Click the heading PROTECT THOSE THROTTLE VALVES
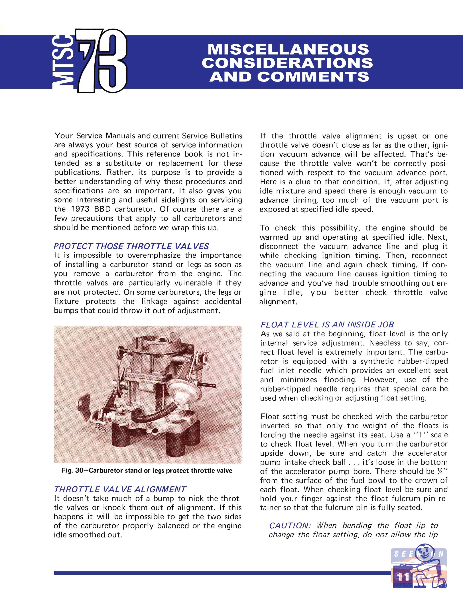131,246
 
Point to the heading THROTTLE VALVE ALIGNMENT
120,489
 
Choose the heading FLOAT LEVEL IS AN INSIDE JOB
327,325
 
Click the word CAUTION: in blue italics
290,525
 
